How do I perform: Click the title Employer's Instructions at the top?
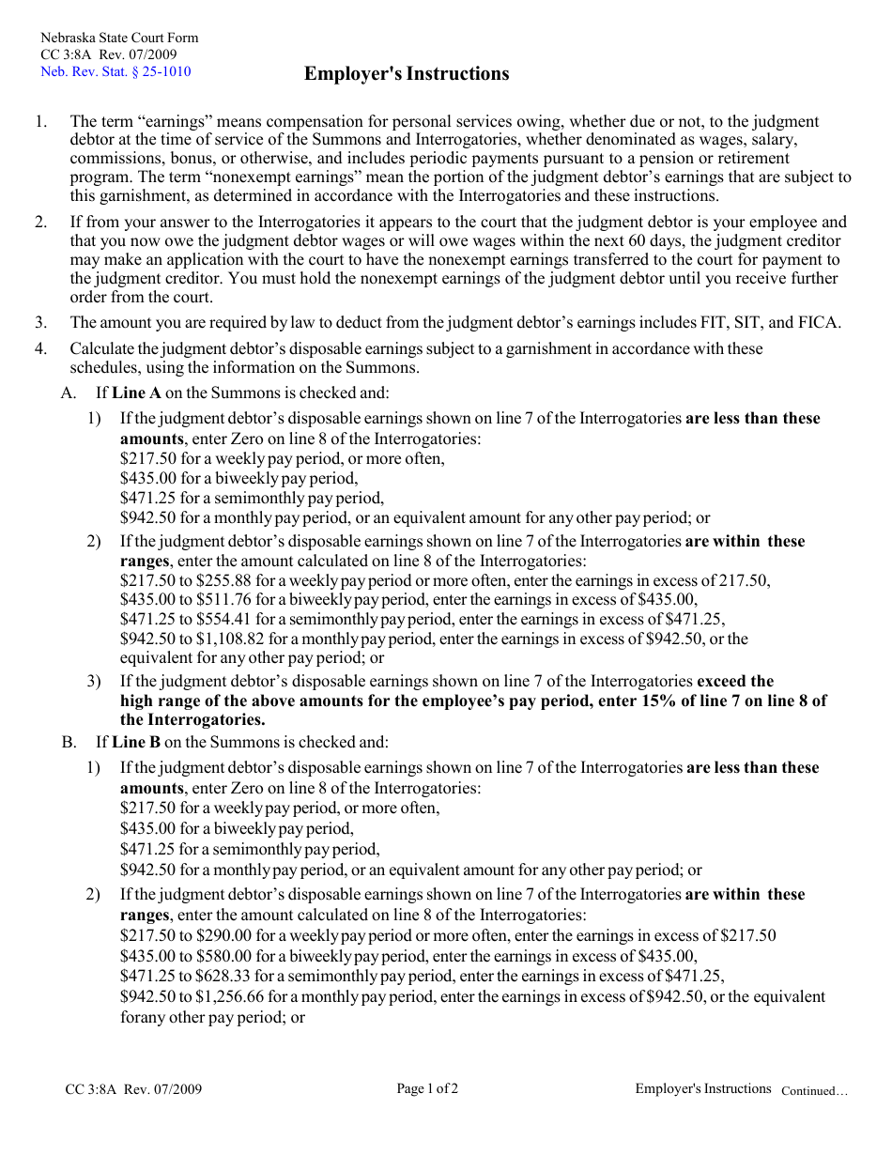tap(407, 74)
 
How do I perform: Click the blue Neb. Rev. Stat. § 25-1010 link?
tap(115, 71)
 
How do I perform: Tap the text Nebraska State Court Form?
tap(119, 38)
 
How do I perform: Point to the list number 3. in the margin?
tap(41, 322)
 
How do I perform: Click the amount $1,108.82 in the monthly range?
tap(230, 639)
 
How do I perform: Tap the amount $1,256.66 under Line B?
tap(230, 996)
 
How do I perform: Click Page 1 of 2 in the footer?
tap(427, 1089)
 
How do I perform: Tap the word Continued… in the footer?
tap(814, 1091)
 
